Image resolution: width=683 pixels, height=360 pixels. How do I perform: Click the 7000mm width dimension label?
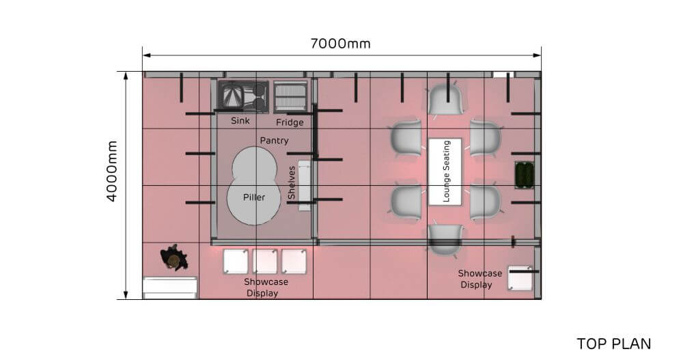(x=341, y=44)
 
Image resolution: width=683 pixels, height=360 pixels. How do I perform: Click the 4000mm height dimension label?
(x=112, y=171)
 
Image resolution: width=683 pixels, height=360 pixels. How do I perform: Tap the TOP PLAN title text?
(x=614, y=344)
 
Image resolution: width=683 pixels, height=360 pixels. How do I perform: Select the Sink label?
(x=240, y=120)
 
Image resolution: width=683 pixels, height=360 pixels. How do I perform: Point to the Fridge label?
(x=290, y=122)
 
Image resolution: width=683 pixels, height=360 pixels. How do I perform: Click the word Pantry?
(x=274, y=140)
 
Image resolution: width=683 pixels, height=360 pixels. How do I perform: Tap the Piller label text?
(x=254, y=197)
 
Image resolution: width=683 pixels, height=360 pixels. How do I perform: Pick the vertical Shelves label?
(x=292, y=182)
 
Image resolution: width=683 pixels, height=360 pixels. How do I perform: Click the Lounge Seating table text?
(x=445, y=171)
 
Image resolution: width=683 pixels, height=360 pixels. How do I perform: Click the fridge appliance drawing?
(x=290, y=96)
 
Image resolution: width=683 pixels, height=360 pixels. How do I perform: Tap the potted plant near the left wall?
(x=173, y=258)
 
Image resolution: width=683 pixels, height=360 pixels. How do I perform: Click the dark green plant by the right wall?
(x=525, y=175)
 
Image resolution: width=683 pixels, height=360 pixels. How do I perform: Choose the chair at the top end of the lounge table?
(x=445, y=100)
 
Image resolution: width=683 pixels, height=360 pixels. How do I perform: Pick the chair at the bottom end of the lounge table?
(x=445, y=240)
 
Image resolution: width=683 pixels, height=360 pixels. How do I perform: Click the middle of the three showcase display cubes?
(x=265, y=261)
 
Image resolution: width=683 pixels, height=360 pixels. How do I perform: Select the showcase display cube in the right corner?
(x=520, y=278)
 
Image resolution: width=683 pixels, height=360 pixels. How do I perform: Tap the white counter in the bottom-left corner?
(x=170, y=288)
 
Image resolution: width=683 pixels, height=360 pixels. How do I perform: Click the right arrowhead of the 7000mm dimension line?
(x=537, y=55)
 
